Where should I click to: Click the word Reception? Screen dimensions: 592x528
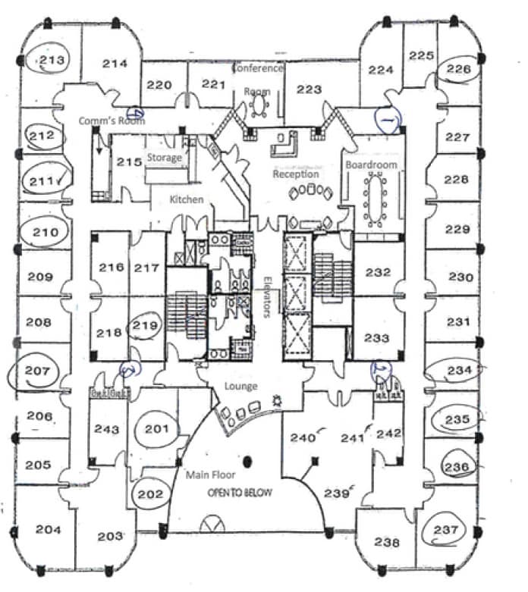click(x=296, y=174)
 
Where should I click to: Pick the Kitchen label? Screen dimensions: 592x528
click(x=186, y=199)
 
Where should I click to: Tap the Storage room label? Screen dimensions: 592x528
click(x=165, y=158)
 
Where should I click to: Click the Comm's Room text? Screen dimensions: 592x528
click(x=112, y=121)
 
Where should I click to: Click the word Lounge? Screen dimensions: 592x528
click(x=240, y=387)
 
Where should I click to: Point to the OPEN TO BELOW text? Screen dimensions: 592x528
click(x=240, y=492)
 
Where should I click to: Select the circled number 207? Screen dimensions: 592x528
click(x=36, y=371)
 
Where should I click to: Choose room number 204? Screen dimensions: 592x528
click(x=48, y=529)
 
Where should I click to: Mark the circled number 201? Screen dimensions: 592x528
click(x=156, y=430)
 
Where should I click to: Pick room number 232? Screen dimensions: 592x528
click(x=377, y=272)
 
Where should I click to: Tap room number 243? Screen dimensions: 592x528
click(x=106, y=429)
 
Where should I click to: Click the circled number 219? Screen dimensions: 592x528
click(x=147, y=325)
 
